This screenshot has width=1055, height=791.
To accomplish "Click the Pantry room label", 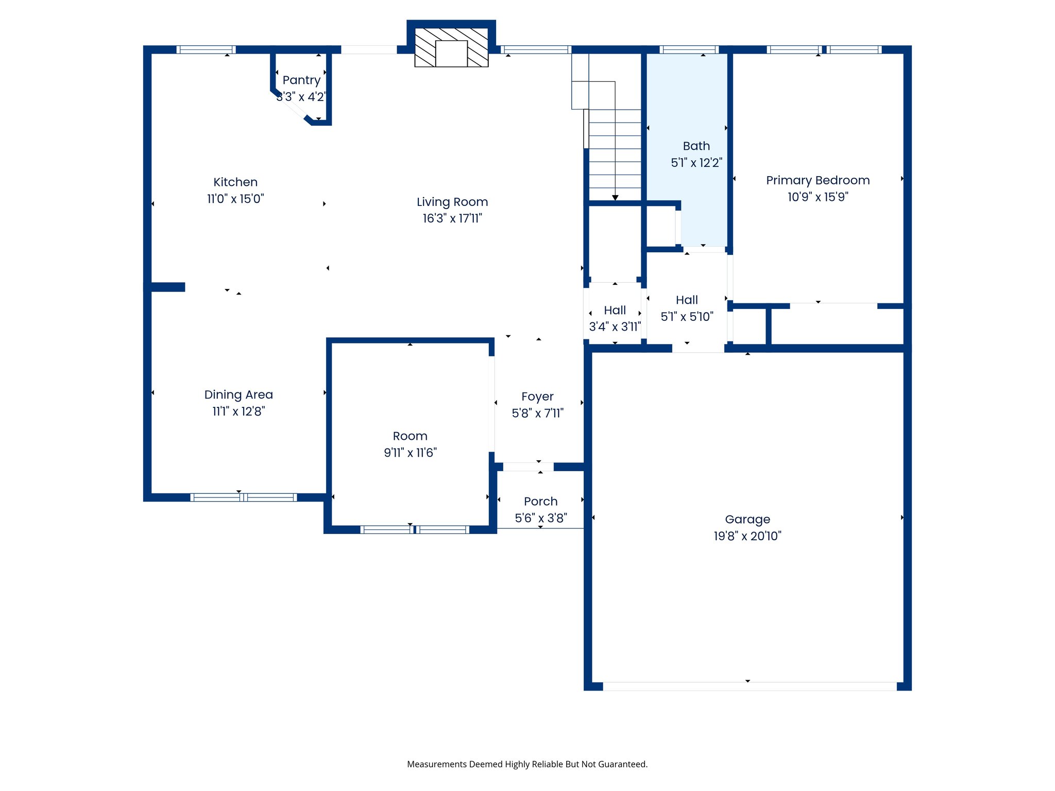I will pos(301,80).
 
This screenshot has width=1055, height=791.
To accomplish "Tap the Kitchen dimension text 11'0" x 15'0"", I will pos(235,199).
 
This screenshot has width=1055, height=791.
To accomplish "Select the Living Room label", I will pos(452,202).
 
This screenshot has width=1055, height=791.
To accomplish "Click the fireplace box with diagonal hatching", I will pos(451,47).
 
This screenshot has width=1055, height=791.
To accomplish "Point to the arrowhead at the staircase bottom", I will pos(615,198).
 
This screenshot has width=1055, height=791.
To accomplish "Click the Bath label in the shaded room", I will pos(696,146).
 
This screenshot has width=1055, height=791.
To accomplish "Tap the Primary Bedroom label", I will pos(818,180).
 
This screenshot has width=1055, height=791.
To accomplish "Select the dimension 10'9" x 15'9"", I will pos(818,197).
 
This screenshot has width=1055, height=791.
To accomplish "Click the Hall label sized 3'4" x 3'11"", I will pos(615,310).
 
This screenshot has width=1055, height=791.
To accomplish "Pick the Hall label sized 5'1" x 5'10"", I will pos(687,300).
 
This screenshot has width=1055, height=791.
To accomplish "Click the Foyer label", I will pos(537,397).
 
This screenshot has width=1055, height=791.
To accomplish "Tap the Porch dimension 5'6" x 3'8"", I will pos(541,518).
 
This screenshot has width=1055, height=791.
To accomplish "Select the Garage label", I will pos(747,519).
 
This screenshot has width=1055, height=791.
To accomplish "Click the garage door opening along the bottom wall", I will pos(750,686).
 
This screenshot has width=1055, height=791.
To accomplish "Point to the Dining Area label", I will pos(239,394).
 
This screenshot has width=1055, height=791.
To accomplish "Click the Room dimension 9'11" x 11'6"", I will pos(410,453).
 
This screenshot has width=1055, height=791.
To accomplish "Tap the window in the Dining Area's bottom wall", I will pos(243,497).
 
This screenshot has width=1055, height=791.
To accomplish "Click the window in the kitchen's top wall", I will pos(206,49).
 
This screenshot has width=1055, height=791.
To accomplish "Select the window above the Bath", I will pos(689,49).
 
